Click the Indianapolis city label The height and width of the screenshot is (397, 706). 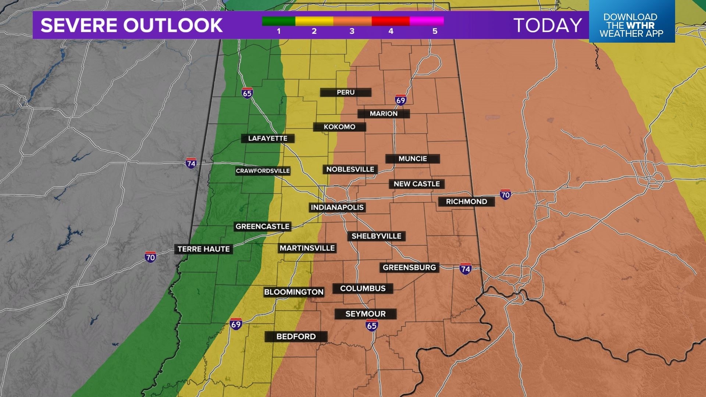coord(337,207)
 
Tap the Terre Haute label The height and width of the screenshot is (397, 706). coord(204,249)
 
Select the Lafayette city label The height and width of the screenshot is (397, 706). coord(268,139)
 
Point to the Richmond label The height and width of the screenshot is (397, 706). coord(466,201)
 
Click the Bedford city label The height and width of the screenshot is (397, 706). coord(296,336)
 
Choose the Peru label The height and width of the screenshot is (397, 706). coord(346,92)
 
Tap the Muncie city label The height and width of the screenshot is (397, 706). coord(413,159)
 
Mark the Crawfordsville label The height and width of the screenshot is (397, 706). coord(263,171)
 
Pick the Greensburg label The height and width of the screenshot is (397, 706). coord(409,268)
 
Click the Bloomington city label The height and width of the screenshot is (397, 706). coord(294,292)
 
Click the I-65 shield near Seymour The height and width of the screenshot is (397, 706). coord(372,325)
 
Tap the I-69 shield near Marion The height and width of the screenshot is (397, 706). coord(400,100)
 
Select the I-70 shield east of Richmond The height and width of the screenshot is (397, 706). coord(505,195)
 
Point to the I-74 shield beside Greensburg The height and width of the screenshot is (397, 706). coord(465,269)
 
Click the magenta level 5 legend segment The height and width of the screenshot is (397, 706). coord(427,21)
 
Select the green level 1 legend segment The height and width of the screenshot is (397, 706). coord(278,21)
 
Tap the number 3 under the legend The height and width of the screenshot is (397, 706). coord(352,31)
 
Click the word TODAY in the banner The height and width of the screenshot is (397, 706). coord(548,25)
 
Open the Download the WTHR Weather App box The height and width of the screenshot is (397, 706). coord(631,25)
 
